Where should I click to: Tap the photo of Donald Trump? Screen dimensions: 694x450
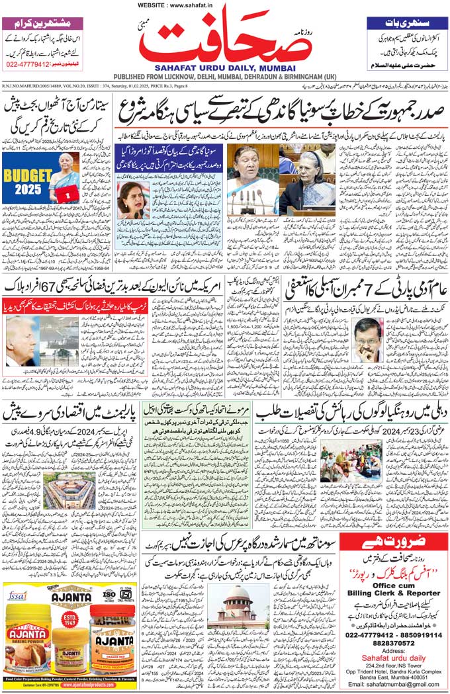click(21, 340)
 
